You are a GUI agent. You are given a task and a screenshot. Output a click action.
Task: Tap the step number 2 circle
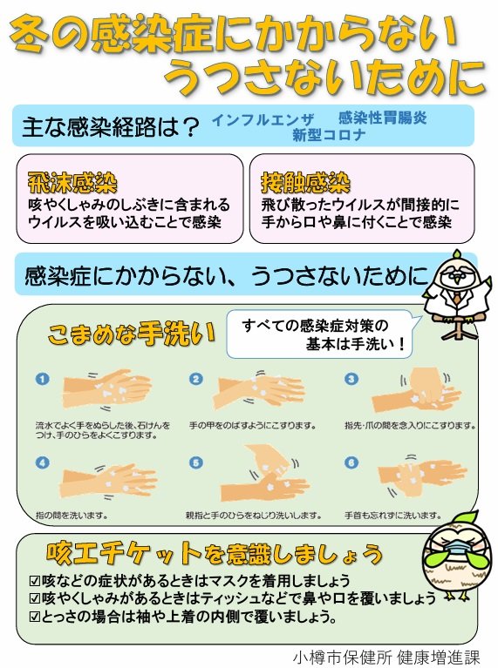197,379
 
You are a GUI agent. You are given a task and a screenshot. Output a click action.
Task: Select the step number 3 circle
351,379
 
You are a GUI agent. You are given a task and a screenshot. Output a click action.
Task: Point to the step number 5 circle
197,462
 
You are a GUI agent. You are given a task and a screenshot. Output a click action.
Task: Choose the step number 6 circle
351,462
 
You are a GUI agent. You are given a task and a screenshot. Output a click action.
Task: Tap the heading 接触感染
305,182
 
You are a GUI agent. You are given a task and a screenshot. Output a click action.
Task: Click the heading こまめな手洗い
130,334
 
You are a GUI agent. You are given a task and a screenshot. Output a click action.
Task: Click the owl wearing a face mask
453,557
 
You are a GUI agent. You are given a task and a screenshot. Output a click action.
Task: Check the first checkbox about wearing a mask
35,580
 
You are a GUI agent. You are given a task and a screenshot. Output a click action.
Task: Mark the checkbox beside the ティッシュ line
35,598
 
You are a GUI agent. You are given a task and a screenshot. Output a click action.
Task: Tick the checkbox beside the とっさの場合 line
35,617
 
